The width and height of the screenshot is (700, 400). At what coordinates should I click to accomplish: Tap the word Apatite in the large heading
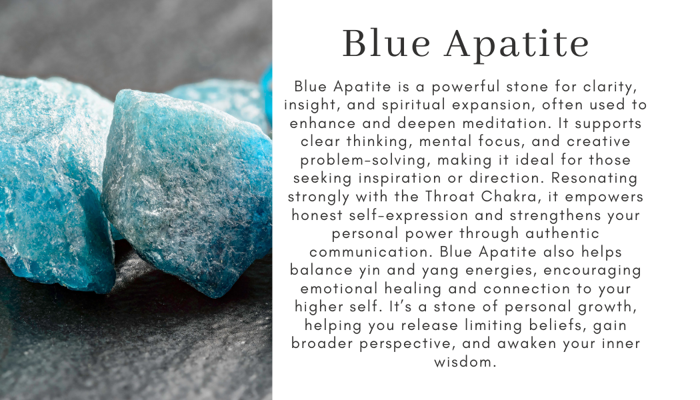click(517, 44)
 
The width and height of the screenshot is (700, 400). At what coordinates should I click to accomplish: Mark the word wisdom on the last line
click(465, 364)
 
